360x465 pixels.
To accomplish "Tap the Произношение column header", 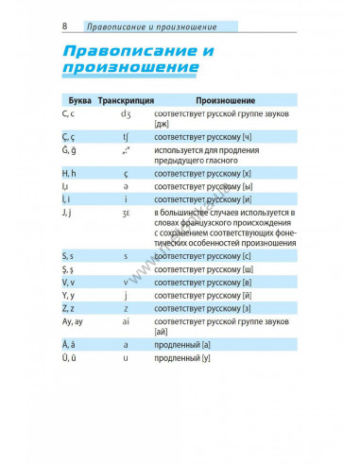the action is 227,99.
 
